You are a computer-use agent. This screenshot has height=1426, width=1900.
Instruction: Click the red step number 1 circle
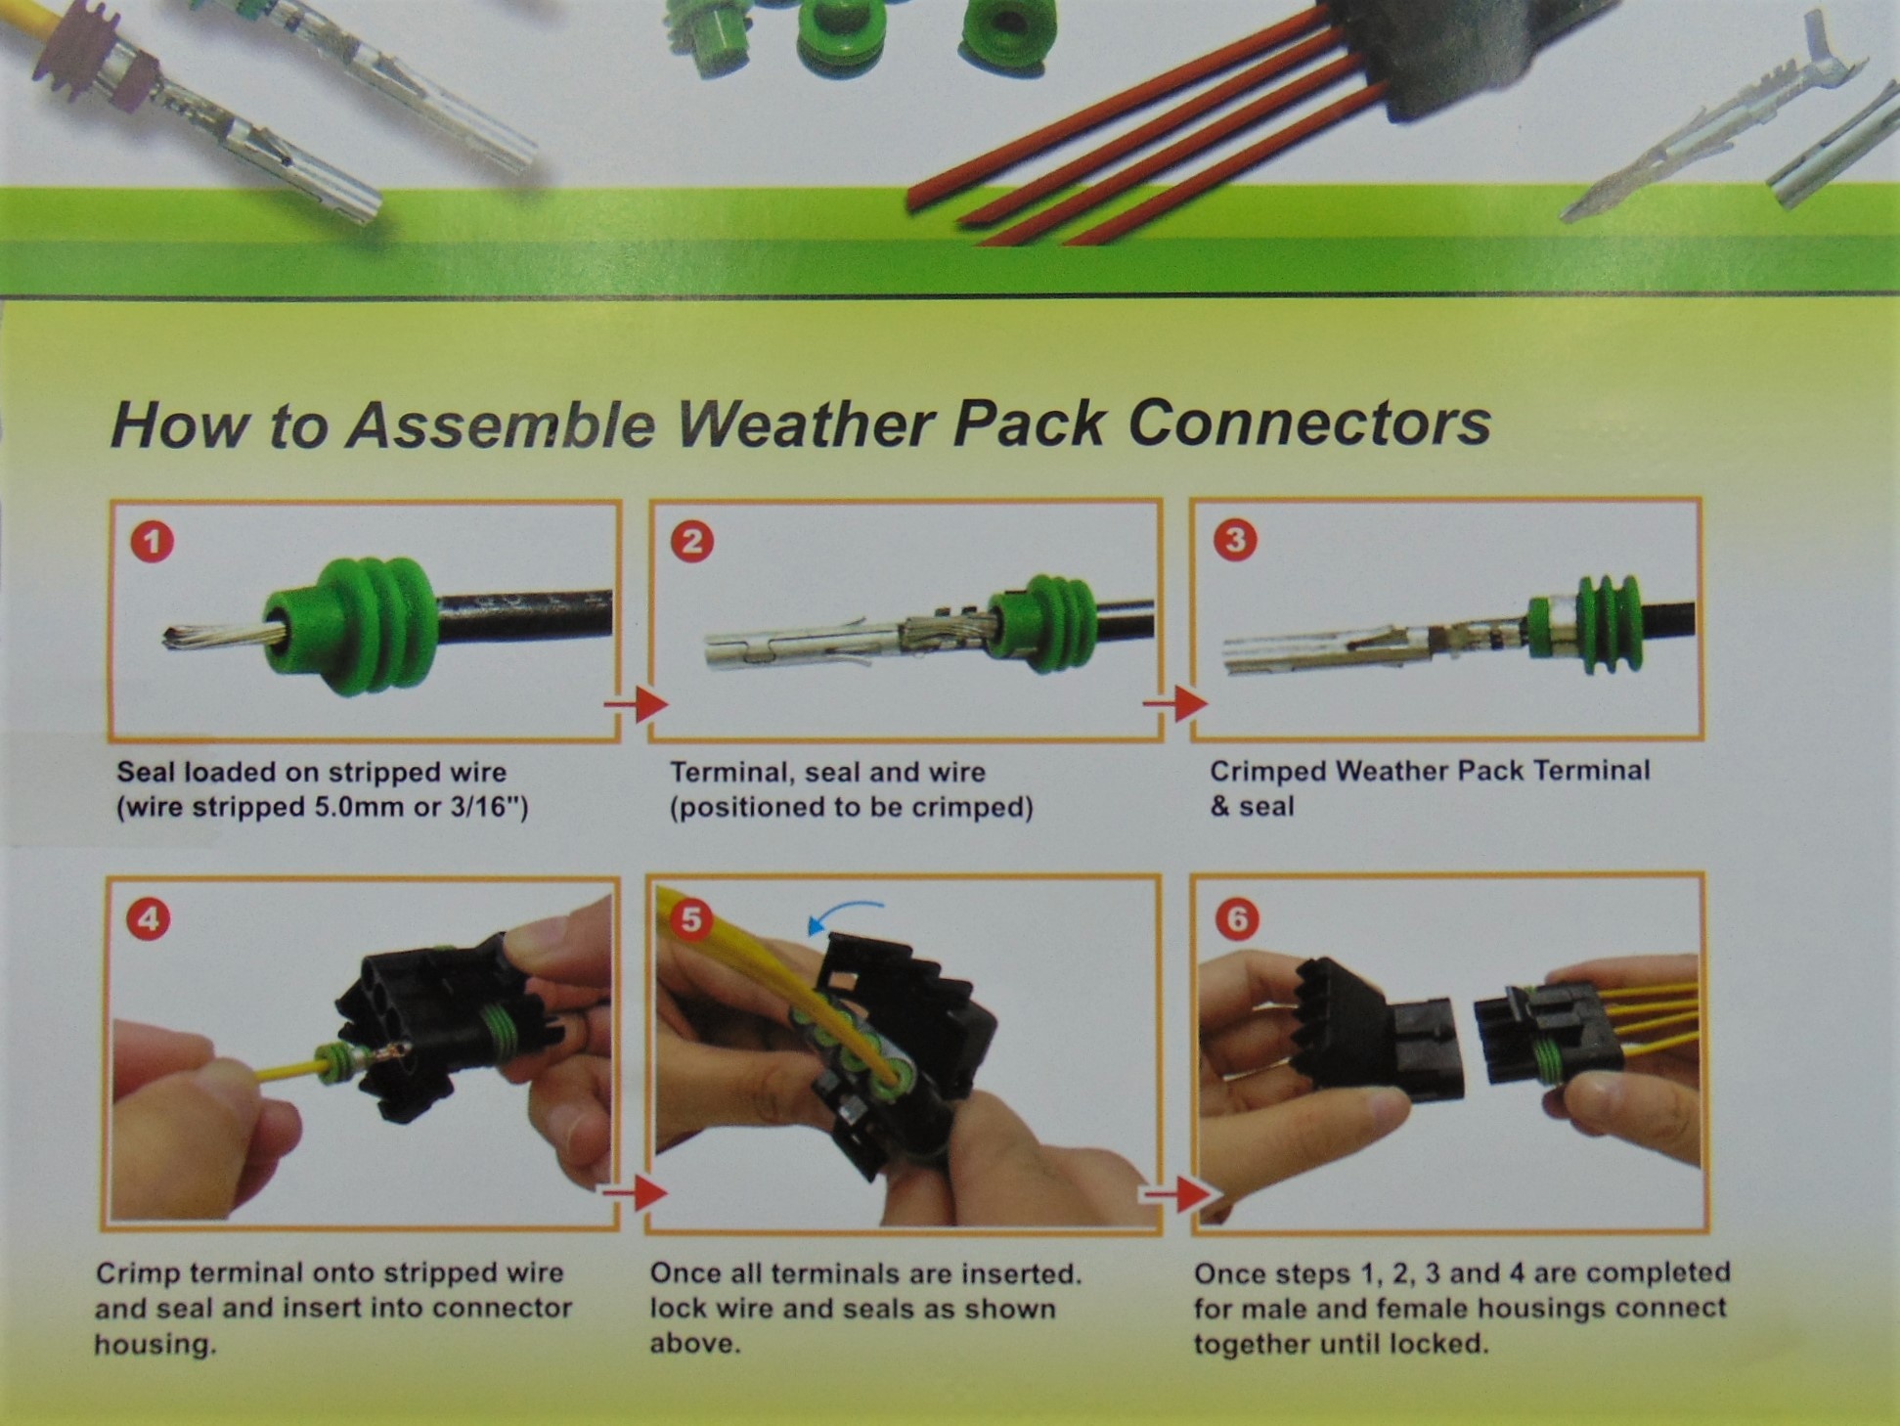click(x=153, y=542)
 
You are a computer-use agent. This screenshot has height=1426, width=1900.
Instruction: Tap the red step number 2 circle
click(x=692, y=541)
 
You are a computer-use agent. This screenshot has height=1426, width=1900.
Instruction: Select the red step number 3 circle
click(x=1235, y=539)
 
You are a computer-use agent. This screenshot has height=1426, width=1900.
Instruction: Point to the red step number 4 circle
click(x=149, y=918)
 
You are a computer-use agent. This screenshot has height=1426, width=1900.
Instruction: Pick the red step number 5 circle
click(x=691, y=919)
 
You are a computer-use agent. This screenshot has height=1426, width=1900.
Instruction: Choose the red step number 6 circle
click(x=1237, y=918)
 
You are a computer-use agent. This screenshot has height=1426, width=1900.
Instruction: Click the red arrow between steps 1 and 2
click(x=636, y=702)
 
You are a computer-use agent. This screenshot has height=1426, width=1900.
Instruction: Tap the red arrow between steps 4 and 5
click(x=635, y=1192)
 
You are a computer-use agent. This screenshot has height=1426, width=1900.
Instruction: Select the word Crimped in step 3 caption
click(x=1267, y=772)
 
